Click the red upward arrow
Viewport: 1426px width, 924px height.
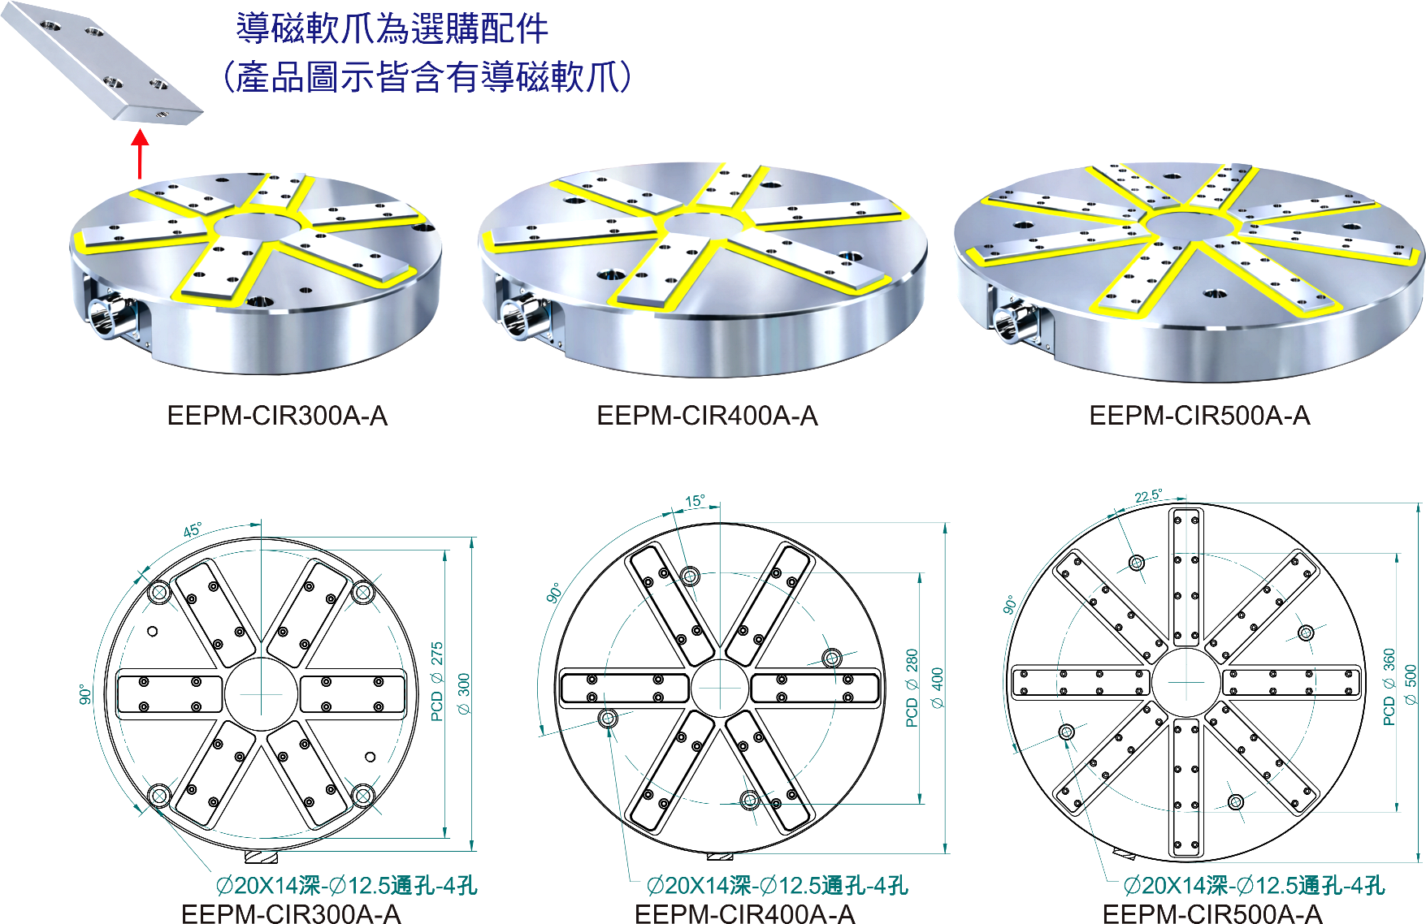[141, 154]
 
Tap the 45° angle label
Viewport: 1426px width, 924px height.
[193, 530]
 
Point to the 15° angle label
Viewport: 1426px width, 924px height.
[695, 501]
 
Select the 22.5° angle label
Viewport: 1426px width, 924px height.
[1148, 496]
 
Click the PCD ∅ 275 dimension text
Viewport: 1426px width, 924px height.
[437, 681]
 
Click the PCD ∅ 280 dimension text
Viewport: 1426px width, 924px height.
[912, 688]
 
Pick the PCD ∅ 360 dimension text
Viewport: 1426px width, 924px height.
[1389, 686]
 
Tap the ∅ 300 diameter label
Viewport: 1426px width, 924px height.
[464, 693]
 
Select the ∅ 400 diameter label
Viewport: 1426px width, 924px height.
[937, 689]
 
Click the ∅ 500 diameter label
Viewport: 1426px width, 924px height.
[1411, 685]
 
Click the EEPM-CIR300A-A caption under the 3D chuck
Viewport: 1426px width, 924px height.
[277, 416]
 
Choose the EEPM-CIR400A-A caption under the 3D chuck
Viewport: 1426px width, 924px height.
[707, 416]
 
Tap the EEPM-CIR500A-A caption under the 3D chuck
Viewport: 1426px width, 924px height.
[1199, 416]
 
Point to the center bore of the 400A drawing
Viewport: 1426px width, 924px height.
[719, 689]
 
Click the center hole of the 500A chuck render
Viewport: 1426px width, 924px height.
[1188, 222]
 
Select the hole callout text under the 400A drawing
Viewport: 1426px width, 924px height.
[778, 885]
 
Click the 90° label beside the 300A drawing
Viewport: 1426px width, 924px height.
[85, 694]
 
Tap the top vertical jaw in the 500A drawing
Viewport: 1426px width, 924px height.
[1187, 576]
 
